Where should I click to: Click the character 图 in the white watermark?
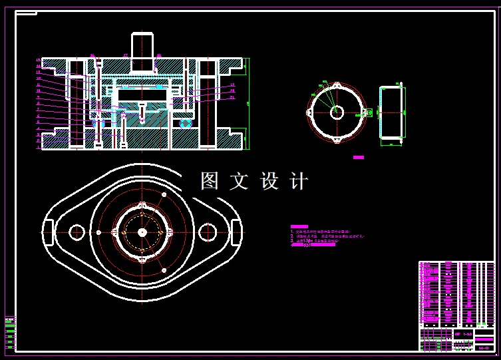point(210,181)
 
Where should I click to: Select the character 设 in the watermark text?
point(269,181)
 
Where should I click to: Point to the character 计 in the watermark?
point(299,181)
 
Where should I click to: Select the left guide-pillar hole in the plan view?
point(77,232)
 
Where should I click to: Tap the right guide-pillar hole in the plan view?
point(208,232)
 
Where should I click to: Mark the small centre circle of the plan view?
point(142,232)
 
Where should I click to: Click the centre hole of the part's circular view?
point(337,112)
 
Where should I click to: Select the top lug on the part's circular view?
point(337,85)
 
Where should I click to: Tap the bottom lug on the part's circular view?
point(337,140)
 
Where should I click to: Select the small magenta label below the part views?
point(359,157)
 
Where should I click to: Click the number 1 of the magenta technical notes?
point(291,231)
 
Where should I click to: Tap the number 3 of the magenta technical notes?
point(291,242)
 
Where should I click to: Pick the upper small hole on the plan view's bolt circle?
point(163,194)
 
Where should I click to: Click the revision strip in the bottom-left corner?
point(9,333)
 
